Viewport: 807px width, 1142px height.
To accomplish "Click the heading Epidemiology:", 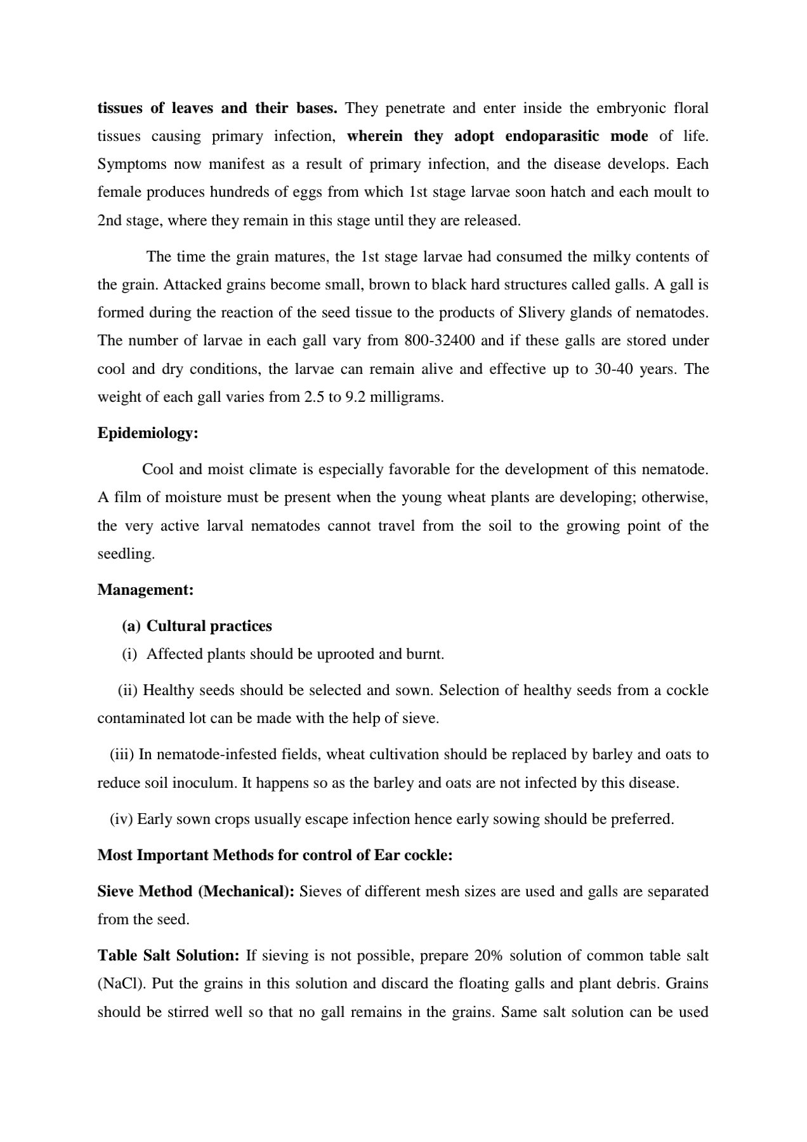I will (148, 433).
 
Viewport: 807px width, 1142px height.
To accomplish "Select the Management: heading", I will (145, 590).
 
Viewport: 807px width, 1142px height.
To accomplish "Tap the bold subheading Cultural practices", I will (209, 626).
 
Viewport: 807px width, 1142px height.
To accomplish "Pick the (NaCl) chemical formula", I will (119, 984).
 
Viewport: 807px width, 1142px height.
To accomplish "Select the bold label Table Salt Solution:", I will (168, 955).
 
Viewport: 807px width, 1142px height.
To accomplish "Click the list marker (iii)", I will (122, 755).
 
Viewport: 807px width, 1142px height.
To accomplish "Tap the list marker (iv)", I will (121, 820).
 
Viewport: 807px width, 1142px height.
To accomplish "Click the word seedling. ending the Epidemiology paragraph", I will (126, 554).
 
